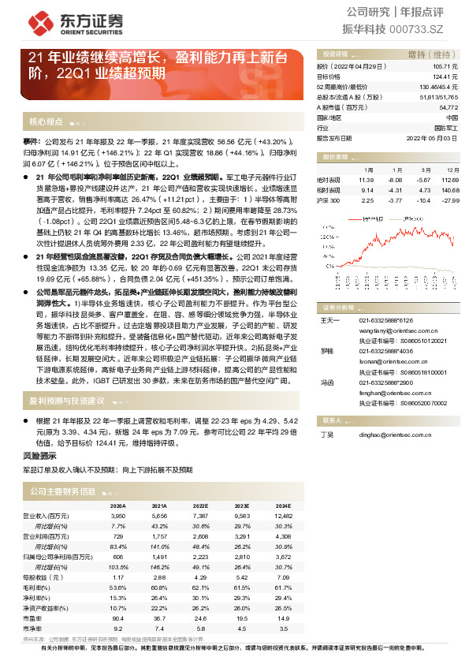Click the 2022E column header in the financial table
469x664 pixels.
click(x=201, y=505)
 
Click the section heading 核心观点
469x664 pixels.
click(x=46, y=122)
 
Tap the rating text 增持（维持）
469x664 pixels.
click(x=428, y=54)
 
